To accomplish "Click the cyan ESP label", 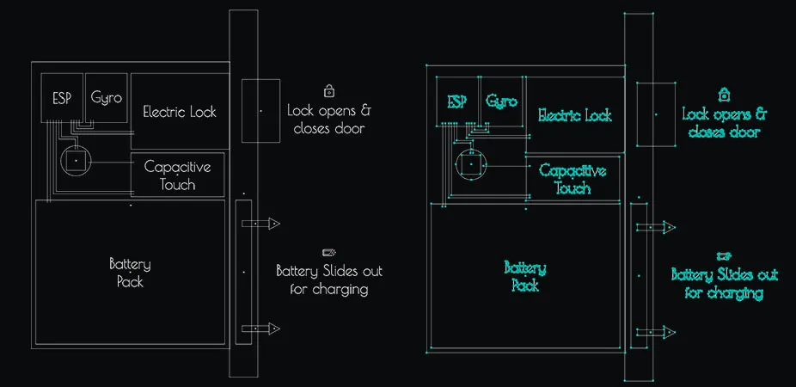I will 457,101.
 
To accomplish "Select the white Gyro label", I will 107,96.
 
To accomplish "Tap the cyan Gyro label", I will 502,101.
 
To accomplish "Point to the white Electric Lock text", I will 180,112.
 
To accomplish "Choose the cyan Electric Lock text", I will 575,115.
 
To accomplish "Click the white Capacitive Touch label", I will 177,175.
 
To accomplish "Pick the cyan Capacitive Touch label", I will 573,179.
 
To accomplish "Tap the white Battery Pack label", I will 130,273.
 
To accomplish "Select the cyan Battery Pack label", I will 525,277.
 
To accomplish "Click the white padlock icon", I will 329,90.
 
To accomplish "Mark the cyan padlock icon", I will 725,94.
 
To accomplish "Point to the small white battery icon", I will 328,252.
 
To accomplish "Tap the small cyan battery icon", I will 724,255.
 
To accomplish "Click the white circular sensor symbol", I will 76,161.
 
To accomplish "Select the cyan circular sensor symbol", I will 471,164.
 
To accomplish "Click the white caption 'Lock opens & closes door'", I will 329,120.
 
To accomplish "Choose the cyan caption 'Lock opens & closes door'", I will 725,123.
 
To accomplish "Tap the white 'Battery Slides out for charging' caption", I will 329,280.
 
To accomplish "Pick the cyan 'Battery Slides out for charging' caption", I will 725,284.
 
